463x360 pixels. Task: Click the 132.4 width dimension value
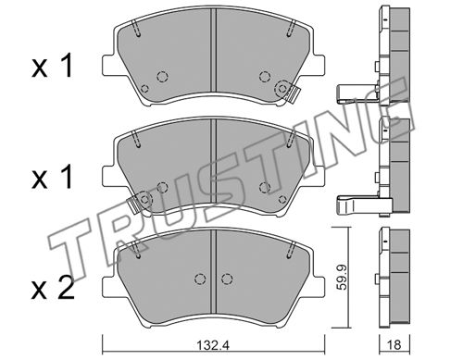[x=213, y=345]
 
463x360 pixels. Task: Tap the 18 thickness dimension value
[x=394, y=345]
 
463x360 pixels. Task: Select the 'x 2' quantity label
[x=53, y=289]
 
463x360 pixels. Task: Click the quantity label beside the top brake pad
[x=52, y=66]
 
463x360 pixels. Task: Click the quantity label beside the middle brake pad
[x=52, y=177]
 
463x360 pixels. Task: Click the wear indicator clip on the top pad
[x=292, y=93]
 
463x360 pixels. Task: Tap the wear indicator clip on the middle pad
[x=135, y=205]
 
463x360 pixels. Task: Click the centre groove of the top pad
[x=213, y=50]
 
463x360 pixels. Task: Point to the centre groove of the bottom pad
[x=213, y=271]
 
